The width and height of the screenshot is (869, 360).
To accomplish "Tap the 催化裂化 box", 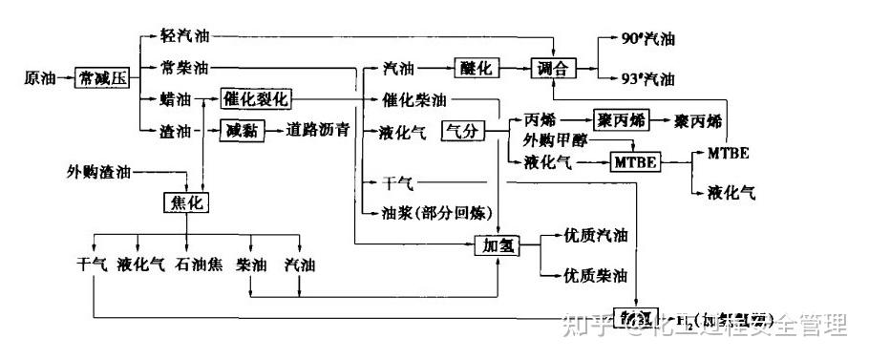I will pos(255,98).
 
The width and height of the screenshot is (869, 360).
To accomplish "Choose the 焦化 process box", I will pos(185,202).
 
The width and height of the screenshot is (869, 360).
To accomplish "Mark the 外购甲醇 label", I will pos(554,140).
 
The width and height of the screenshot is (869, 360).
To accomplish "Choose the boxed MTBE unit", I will pos(636,162).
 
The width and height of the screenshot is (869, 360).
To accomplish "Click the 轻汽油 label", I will pos(185,36).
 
